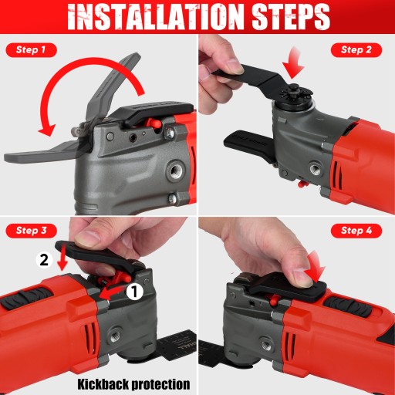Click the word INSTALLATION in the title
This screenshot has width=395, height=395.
[x=156, y=17]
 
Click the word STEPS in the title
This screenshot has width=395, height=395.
[x=291, y=17]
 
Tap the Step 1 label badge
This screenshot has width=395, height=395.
[x=31, y=50]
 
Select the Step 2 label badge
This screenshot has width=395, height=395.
[x=356, y=50]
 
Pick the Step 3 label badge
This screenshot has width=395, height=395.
[x=31, y=231]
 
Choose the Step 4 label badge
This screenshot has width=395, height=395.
[x=356, y=231]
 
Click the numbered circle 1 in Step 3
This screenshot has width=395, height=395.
[x=134, y=292]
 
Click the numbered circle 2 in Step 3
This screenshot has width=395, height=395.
[x=44, y=260]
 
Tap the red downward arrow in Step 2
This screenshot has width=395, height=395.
[x=293, y=63]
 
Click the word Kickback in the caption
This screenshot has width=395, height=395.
[x=103, y=384]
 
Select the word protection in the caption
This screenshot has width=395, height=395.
[x=161, y=384]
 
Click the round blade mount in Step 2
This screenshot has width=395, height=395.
[x=292, y=97]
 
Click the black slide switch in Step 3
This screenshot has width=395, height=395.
[x=25, y=298]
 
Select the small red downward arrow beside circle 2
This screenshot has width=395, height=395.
[x=62, y=260]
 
